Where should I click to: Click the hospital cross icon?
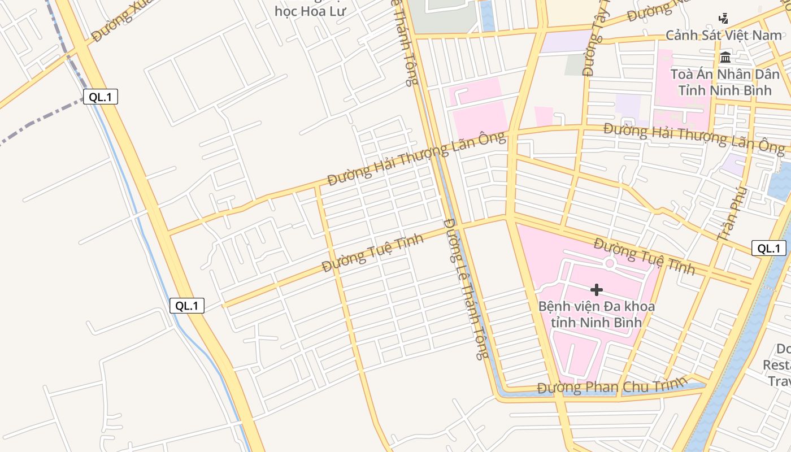(596, 290)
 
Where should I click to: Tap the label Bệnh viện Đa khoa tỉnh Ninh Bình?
(596, 314)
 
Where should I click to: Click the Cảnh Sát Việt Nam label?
(723, 36)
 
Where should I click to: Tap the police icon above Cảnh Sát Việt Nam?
(724, 18)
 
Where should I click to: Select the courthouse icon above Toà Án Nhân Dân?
(725, 57)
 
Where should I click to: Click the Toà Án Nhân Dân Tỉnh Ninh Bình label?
(725, 82)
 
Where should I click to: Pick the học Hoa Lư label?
(310, 11)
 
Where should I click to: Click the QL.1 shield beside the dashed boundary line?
(101, 97)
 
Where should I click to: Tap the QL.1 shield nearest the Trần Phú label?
(769, 248)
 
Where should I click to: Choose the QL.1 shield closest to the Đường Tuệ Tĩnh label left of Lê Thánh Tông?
(187, 306)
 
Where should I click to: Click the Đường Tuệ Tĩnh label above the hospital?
(644, 257)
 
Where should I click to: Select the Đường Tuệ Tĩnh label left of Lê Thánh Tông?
(372, 253)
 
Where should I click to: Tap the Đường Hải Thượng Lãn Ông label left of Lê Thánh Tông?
(416, 160)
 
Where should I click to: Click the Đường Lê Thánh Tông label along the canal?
(465, 289)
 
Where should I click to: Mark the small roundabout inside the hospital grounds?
(609, 263)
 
